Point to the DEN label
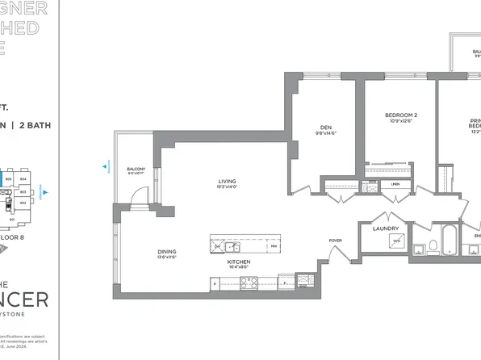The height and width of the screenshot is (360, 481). tap(326, 127)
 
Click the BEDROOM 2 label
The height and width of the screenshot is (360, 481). tap(400, 115)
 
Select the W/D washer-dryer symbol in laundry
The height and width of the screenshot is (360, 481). tap(396, 241)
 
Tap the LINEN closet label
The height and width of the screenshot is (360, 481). tap(394, 184)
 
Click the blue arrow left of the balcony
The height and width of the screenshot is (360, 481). tap(105, 168)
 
